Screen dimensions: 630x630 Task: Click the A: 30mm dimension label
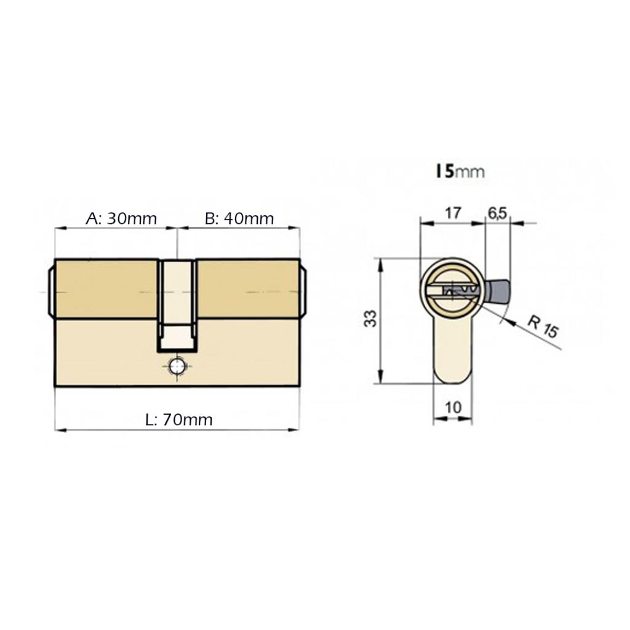coord(121,218)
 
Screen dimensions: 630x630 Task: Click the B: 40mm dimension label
coord(239,218)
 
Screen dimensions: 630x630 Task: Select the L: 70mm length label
coord(179,420)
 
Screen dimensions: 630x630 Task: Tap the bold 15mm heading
coord(460,172)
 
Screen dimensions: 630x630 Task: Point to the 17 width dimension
coord(452,213)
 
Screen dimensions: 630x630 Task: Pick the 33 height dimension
coord(371,319)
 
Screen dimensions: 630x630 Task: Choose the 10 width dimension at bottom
coord(453,407)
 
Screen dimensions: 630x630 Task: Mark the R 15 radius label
coord(543,327)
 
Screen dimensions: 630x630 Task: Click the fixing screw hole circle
coord(177,367)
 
